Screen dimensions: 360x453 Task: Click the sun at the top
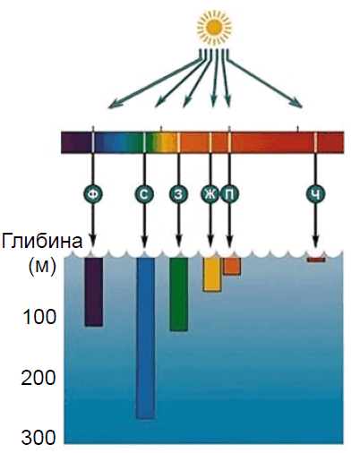click(214, 27)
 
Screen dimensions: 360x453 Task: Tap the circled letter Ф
click(93, 194)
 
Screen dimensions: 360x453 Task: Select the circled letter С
click(144, 194)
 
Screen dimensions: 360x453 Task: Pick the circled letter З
click(178, 194)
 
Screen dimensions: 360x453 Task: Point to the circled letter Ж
click(210, 194)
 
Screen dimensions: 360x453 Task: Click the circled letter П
click(230, 194)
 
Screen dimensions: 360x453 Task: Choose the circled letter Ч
click(316, 194)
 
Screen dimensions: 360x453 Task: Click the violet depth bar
click(94, 292)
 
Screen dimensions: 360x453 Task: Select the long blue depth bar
click(145, 338)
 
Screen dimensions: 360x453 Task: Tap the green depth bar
click(179, 295)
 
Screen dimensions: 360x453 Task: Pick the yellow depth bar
click(212, 275)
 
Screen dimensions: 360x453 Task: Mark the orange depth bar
click(232, 266)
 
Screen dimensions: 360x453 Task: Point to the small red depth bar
click(316, 260)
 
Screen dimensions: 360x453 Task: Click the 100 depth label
click(39, 317)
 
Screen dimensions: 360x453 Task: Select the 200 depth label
click(39, 378)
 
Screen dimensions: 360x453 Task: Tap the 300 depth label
click(39, 438)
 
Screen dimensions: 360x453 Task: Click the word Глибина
click(42, 241)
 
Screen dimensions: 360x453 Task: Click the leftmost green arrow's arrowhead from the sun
click(112, 106)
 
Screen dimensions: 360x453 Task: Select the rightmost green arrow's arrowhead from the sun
click(299, 103)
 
